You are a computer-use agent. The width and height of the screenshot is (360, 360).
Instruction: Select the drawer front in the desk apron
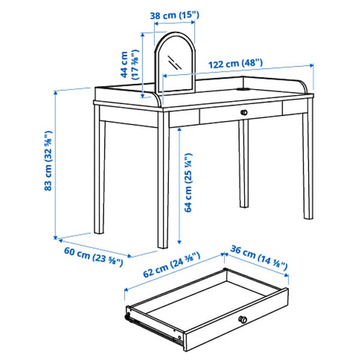click(240, 112)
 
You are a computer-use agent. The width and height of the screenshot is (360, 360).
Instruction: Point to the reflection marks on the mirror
click(175, 62)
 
